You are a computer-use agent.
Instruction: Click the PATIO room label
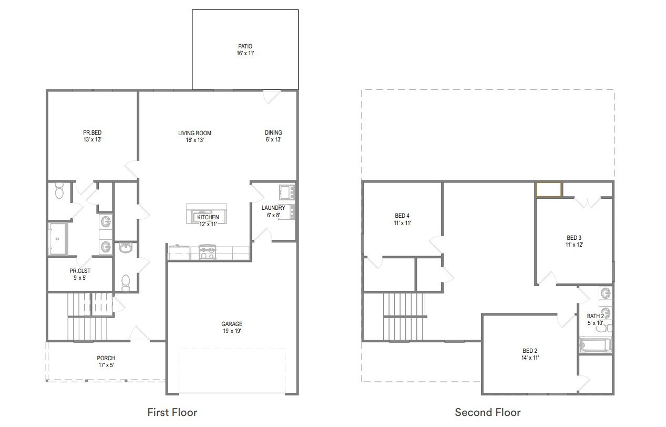pyautogui.click(x=245, y=50)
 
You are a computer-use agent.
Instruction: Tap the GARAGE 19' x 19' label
pyautogui.click(x=232, y=328)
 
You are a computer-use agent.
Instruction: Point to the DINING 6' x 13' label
pyautogui.click(x=273, y=136)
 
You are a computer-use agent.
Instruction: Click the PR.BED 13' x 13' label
pyautogui.click(x=93, y=136)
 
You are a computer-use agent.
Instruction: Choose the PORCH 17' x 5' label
pyautogui.click(x=106, y=362)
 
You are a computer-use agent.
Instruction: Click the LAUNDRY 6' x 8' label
pyautogui.click(x=273, y=211)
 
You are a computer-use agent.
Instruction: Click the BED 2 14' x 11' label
pyautogui.click(x=530, y=354)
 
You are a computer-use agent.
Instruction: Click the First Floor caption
pyautogui.click(x=172, y=412)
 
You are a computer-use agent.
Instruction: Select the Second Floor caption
pyautogui.click(x=488, y=412)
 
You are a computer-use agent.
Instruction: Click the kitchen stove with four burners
pyautogui.click(x=208, y=252)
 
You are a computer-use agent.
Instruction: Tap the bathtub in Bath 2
pyautogui.click(x=595, y=344)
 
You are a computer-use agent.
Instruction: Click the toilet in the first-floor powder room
pyautogui.click(x=126, y=282)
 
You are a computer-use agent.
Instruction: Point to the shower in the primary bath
pyautogui.click(x=58, y=239)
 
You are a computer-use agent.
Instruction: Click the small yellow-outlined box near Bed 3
pyautogui.click(x=549, y=189)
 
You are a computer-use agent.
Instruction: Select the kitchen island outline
pyautogui.click(x=207, y=213)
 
